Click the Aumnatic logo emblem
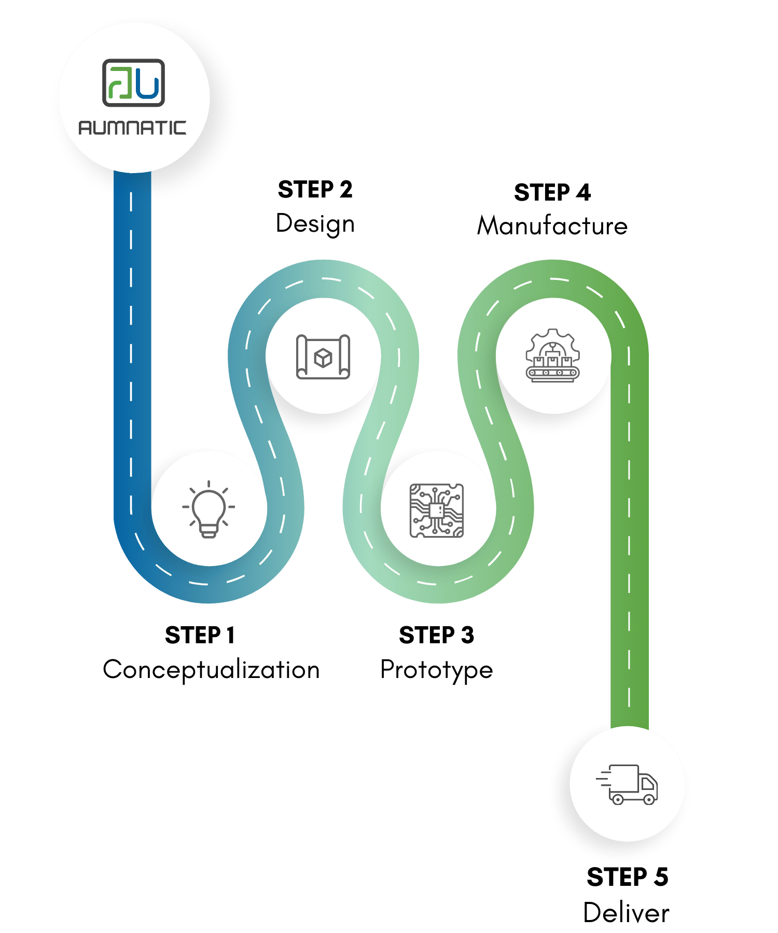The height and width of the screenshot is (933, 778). pos(133,83)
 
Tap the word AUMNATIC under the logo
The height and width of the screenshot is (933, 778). pos(132,128)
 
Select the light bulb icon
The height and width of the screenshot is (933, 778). pos(209,509)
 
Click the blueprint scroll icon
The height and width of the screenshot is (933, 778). pos(323,357)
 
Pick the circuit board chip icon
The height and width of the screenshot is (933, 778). pos(437,511)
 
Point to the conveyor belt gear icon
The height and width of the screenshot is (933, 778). pos(553,357)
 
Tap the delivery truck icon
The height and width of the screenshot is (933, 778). pos(628,784)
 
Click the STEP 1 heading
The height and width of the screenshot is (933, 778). pos(200,635)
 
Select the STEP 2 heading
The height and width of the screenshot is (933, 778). pos(315,189)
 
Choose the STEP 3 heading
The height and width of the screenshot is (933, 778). pos(436,635)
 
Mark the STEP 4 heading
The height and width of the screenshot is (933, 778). pos(552,192)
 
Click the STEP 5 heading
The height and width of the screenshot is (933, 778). pos(627,877)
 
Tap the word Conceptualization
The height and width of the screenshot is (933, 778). pos(211,669)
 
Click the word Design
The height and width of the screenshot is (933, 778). pos(315,224)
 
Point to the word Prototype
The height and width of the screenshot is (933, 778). pos(436,670)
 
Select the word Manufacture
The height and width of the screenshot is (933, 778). pos(552,226)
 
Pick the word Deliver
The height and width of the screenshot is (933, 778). pos(626,912)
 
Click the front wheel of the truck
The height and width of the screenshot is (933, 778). pos(648,799)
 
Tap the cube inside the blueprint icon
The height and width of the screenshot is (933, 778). pos(323,358)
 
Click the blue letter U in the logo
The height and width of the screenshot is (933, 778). pos(148,85)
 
